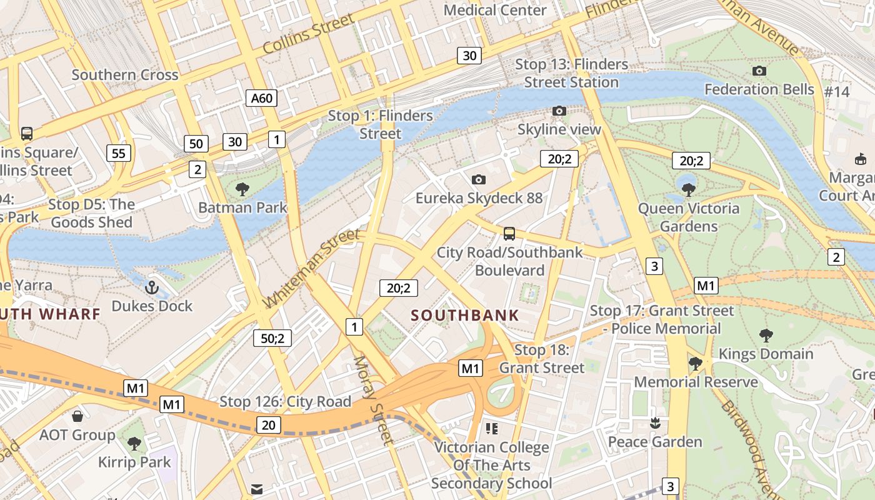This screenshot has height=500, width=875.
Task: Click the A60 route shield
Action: (x=262, y=98)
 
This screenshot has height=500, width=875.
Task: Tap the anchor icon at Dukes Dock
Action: (x=152, y=288)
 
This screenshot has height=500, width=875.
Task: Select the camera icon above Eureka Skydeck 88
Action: (x=479, y=180)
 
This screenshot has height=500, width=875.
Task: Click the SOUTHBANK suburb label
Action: (x=466, y=315)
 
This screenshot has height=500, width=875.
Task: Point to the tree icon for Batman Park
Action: (x=242, y=189)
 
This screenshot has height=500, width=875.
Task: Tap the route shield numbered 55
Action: (x=119, y=153)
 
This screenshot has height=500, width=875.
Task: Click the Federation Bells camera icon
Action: (x=759, y=71)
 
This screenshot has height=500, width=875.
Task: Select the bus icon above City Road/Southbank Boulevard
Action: (x=509, y=234)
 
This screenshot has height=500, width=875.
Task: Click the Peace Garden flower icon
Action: (x=655, y=423)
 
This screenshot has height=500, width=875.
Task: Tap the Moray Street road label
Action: (x=374, y=400)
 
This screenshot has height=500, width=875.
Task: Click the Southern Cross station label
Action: (x=125, y=75)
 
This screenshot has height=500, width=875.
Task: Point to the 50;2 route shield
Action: (x=272, y=338)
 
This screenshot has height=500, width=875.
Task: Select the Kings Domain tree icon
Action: (x=766, y=336)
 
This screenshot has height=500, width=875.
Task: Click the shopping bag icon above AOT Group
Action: (x=77, y=416)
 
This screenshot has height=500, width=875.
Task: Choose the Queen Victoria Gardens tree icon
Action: (x=689, y=189)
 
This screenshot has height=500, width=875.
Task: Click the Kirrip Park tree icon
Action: (x=134, y=444)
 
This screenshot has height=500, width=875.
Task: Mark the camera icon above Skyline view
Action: (x=559, y=111)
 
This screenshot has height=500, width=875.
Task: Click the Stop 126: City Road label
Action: (x=285, y=402)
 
